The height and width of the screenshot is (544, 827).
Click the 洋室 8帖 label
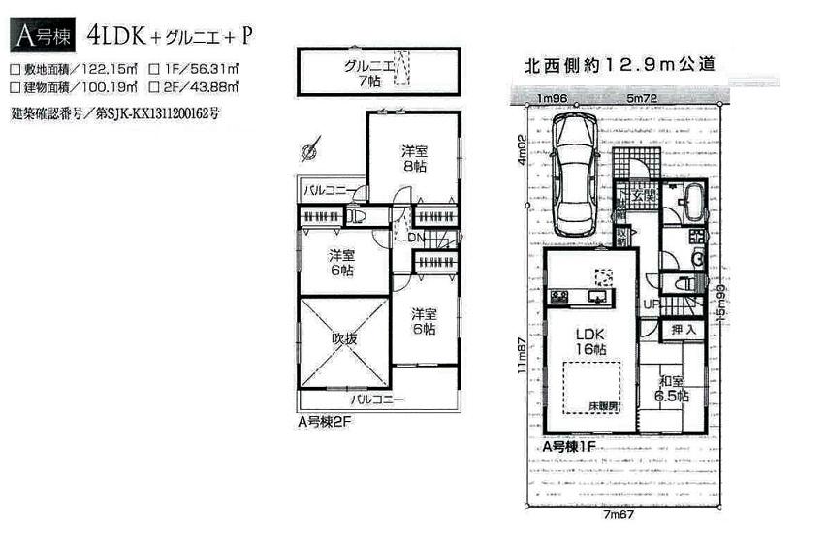coord(414,159)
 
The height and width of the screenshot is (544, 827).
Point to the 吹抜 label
coord(345,339)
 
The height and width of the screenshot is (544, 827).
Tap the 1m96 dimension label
coord(553,99)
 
